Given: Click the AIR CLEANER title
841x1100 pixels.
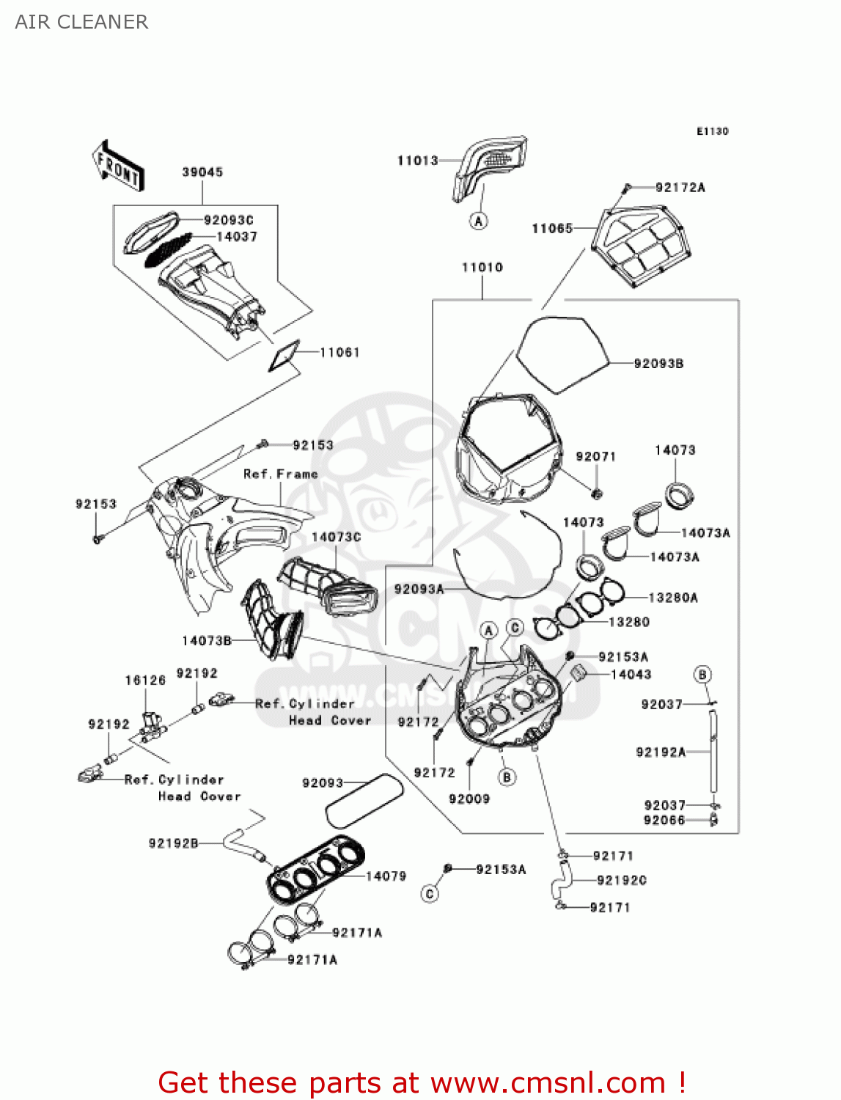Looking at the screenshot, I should [81, 22].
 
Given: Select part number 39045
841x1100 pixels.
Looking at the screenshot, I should [202, 172].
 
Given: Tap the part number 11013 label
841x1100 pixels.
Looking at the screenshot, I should [417, 161].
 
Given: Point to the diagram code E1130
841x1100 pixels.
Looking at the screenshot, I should [712, 131].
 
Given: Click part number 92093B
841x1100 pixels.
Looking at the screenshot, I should [658, 364].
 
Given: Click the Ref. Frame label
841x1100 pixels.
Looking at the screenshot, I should [281, 474].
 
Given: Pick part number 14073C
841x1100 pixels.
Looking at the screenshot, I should [336, 538].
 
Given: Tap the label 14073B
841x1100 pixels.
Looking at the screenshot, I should [207, 641].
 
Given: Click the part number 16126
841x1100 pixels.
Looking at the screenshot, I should [145, 681].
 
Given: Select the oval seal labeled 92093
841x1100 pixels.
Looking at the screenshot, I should [364, 799].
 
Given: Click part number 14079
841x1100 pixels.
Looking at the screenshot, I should [386, 876].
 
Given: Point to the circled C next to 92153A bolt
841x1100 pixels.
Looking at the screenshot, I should [430, 894].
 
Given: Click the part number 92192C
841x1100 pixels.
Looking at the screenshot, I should [622, 881].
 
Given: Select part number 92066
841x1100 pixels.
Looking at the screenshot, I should [664, 821].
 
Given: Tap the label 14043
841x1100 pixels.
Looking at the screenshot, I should [631, 675].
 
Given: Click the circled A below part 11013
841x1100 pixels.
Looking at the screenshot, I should [479, 221].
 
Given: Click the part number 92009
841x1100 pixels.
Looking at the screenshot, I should [469, 799].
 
